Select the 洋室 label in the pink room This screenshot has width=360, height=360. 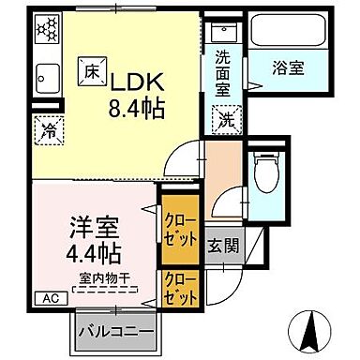coord(92,228)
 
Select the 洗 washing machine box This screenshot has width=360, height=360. coord(227,119)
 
